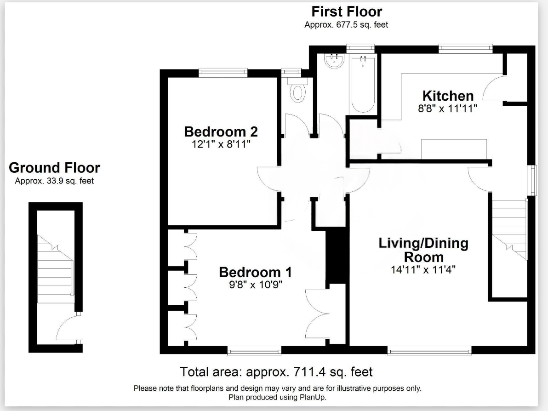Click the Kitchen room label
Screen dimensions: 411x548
tap(448, 96)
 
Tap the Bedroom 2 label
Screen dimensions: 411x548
tap(221, 132)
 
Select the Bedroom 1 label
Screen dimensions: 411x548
tap(255, 272)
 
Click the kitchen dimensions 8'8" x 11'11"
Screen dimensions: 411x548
tap(448, 108)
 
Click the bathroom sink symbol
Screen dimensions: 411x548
tap(334, 61)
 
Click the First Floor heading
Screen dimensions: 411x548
tap(346, 11)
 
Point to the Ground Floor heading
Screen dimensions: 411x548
tap(54, 168)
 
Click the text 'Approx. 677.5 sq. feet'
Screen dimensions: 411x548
tap(346, 25)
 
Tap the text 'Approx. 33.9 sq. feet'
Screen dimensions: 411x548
tap(54, 181)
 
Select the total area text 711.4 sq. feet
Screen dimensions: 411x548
tap(276, 371)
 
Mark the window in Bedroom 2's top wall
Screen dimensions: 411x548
tap(223, 72)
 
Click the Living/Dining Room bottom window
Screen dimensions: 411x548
tap(429, 351)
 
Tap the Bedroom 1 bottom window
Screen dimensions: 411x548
tap(254, 351)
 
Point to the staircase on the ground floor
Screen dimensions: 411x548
tap(55, 267)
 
